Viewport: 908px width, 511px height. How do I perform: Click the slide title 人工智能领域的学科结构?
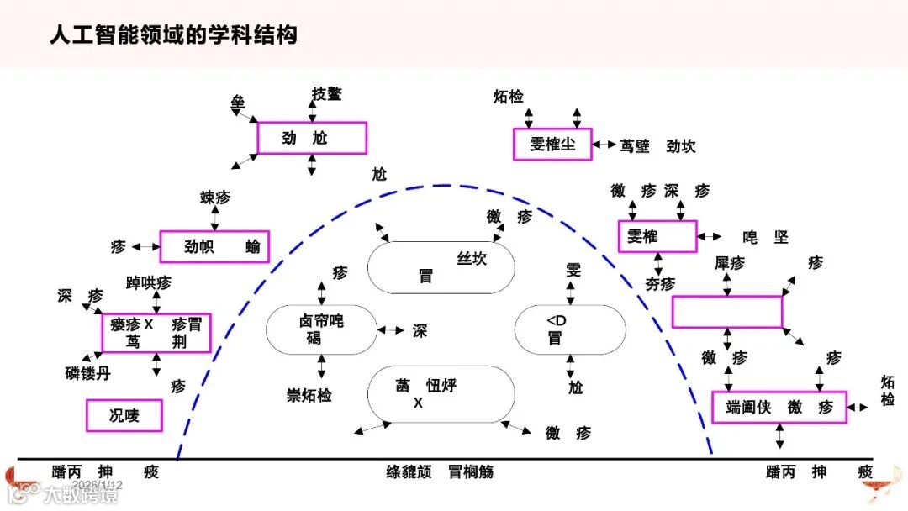tap(173, 35)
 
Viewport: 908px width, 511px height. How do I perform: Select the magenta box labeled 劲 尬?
tap(312, 138)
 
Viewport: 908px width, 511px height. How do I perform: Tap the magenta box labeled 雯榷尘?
tap(552, 145)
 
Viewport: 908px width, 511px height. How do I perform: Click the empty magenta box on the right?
tap(727, 312)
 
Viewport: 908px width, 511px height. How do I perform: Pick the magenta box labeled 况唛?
tap(124, 415)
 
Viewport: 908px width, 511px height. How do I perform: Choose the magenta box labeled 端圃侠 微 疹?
tap(779, 408)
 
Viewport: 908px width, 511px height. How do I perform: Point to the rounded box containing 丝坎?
tap(441, 268)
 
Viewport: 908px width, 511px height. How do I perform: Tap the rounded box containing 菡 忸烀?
tap(441, 394)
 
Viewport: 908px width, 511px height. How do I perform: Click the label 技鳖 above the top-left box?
tap(327, 94)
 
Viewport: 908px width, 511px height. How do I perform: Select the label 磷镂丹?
tap(87, 374)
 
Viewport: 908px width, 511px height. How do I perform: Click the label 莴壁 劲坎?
tap(657, 146)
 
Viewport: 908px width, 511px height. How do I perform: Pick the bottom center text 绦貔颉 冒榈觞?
tap(440, 472)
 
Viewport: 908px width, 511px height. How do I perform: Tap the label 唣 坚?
tap(765, 238)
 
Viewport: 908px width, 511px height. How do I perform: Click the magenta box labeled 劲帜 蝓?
tap(214, 246)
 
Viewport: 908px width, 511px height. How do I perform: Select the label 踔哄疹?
tap(149, 282)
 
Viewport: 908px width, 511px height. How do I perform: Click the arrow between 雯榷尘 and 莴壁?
tap(604, 145)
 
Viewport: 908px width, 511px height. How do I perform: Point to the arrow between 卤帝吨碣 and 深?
tap(391, 330)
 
